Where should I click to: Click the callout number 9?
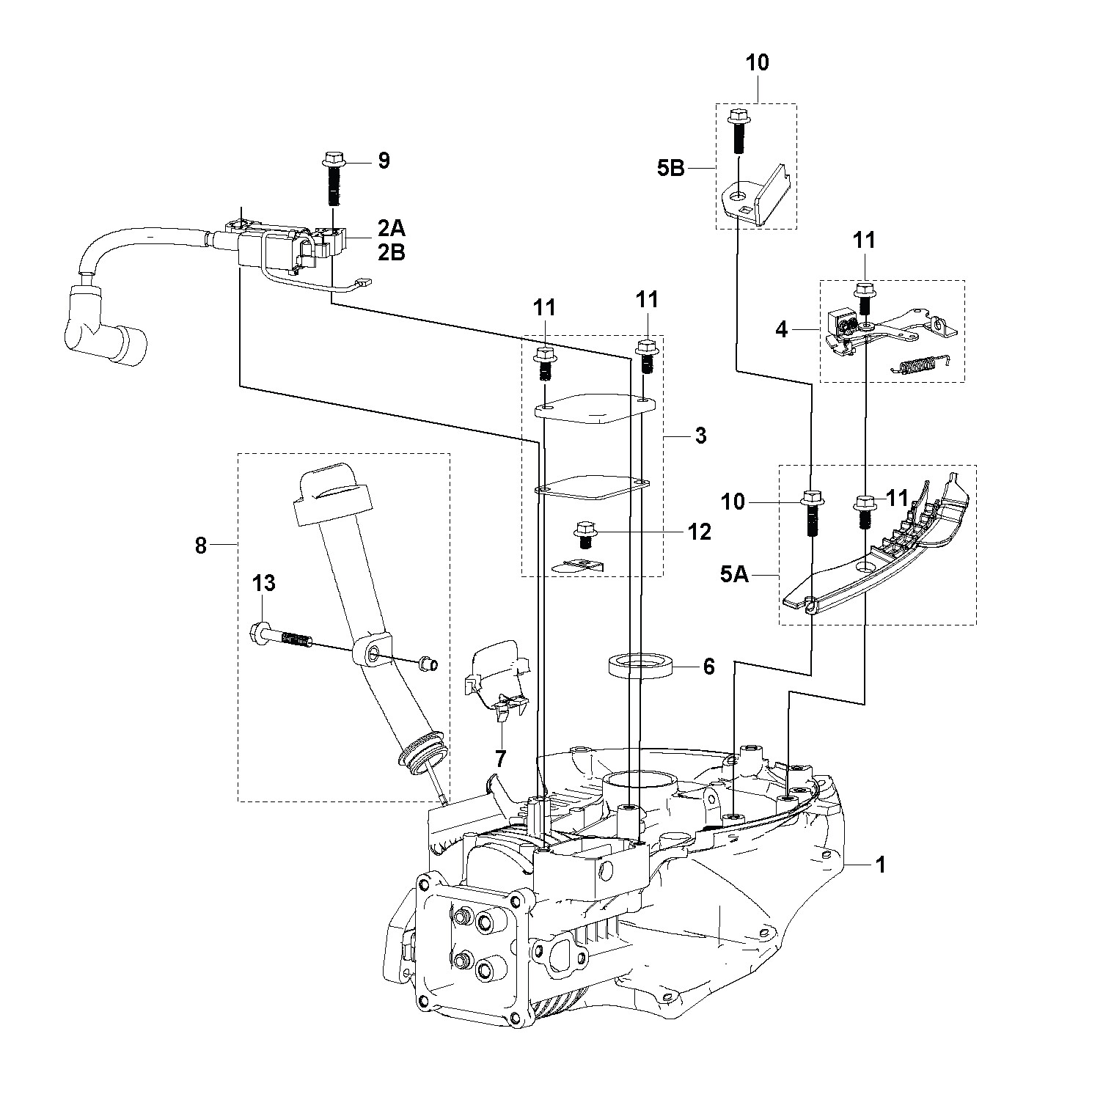[x=384, y=161]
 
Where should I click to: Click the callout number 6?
[x=708, y=667]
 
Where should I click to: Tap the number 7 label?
[x=500, y=759]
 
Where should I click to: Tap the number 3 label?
[x=700, y=436]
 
